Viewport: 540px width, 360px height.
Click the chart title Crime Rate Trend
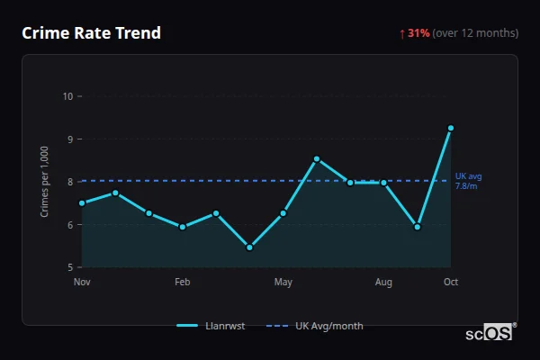[91, 33]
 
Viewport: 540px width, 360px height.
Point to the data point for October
[450, 128]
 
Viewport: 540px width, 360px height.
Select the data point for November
[82, 202]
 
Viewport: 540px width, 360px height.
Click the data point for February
[183, 227]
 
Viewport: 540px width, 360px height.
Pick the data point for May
[283, 213]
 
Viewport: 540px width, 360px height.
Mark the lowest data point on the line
[249, 247]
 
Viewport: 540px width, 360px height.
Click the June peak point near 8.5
[317, 158]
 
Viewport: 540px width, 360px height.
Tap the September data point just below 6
[417, 227]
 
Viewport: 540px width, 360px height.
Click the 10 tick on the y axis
[67, 96]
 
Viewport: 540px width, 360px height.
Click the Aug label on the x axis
[383, 283]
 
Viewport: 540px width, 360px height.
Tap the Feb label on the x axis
[183, 283]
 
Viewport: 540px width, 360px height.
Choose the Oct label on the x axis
[451, 283]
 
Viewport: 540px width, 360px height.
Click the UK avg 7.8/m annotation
[469, 181]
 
